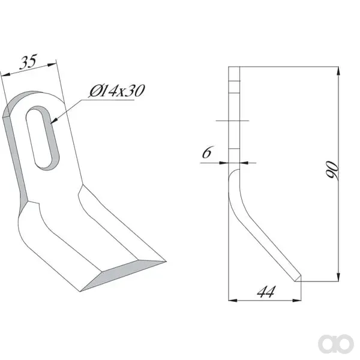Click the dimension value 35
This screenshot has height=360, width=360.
(x=28, y=62)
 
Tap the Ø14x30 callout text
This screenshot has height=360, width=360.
(x=117, y=91)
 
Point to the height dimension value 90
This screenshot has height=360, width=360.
(x=332, y=170)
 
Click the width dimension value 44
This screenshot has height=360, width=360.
(x=266, y=292)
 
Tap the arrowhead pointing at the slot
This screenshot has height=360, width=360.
(x=54, y=121)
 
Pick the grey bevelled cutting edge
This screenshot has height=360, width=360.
(x=123, y=275)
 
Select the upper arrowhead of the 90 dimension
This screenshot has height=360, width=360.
(x=338, y=71)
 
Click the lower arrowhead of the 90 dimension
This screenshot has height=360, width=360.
(x=338, y=277)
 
